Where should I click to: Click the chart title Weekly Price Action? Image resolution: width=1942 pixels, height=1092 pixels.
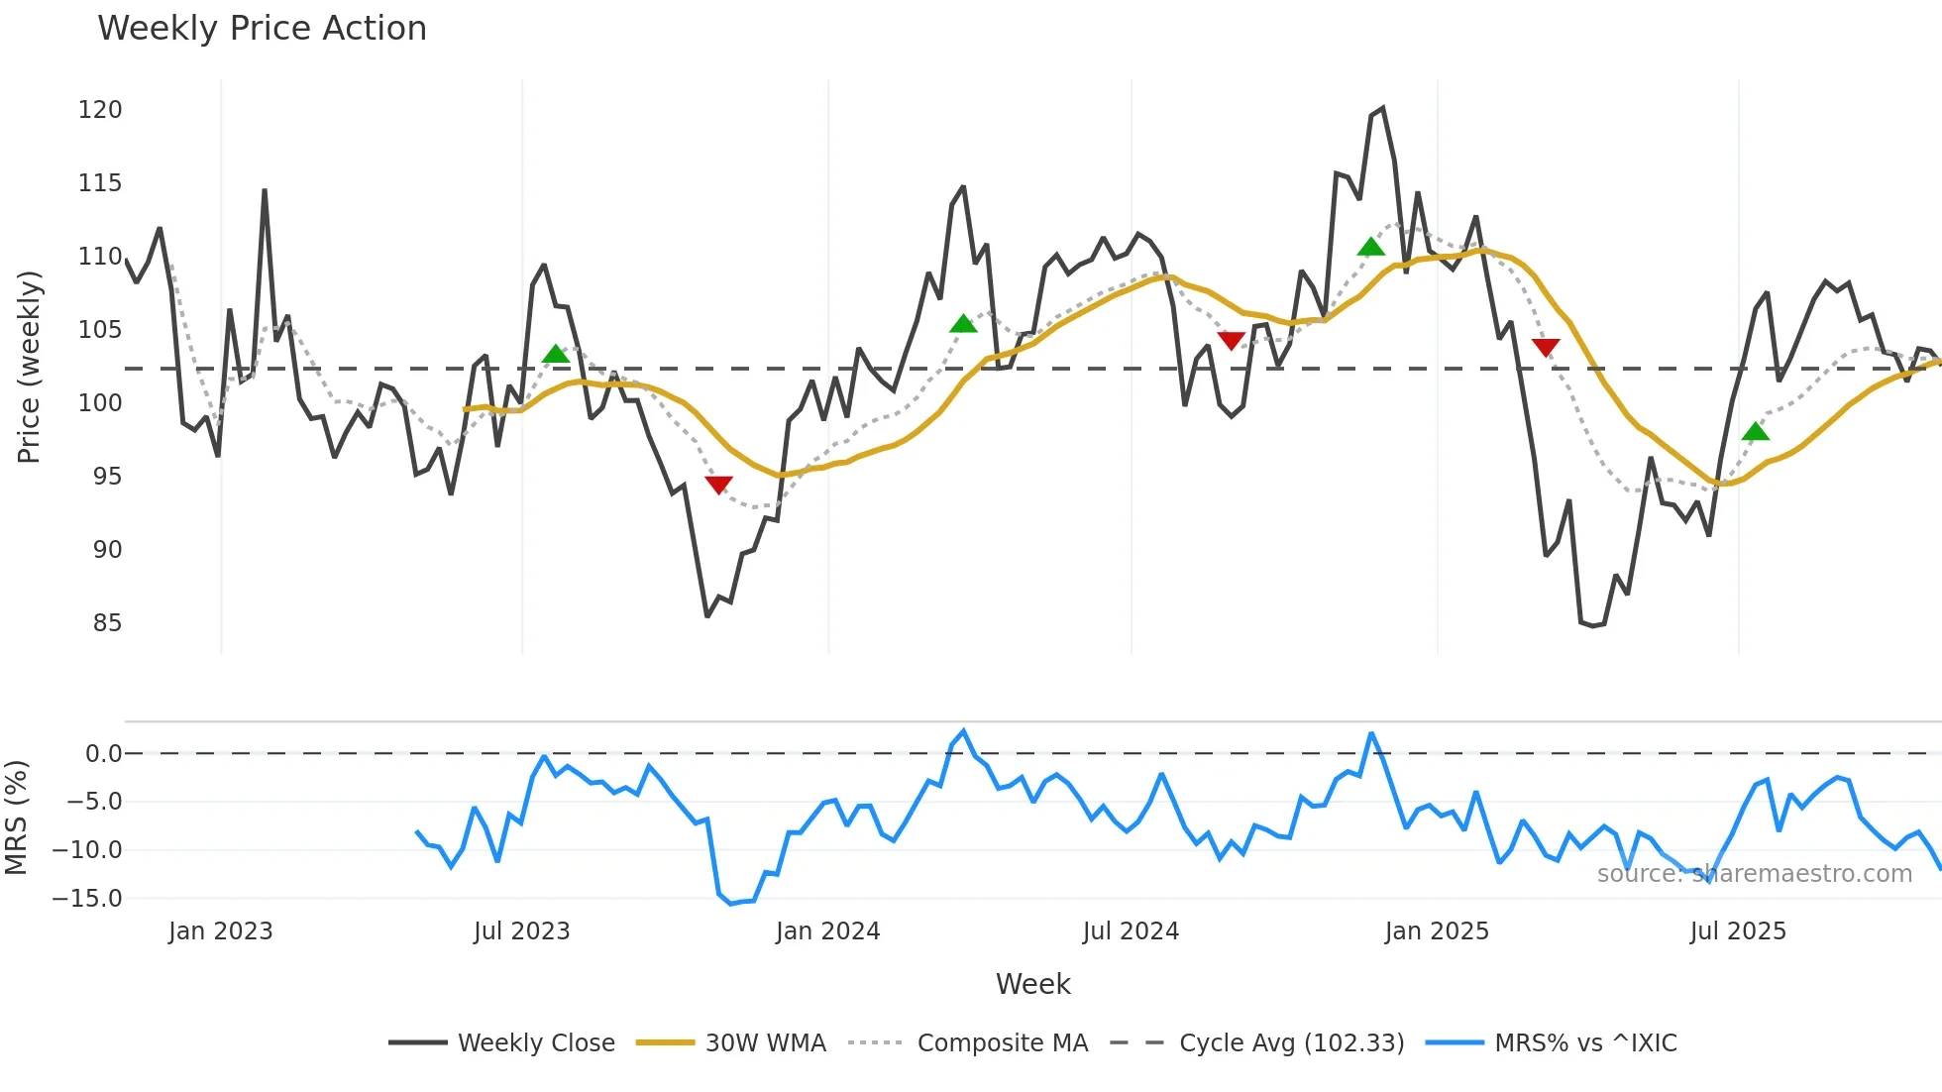[x=262, y=29]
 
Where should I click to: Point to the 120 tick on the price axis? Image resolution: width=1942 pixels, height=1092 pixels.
[x=100, y=110]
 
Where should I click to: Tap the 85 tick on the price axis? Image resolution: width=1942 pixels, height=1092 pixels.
[x=107, y=623]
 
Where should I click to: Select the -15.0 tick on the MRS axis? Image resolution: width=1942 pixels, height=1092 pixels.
[x=88, y=899]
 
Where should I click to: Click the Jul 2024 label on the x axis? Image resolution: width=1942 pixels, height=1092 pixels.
[x=1131, y=931]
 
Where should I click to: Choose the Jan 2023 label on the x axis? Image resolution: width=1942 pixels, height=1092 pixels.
[x=220, y=931]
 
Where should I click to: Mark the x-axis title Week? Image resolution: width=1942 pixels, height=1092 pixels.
[x=1032, y=984]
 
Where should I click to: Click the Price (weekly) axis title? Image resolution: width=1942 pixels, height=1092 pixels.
[x=30, y=367]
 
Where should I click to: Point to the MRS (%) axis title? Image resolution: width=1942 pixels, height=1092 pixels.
[x=16, y=818]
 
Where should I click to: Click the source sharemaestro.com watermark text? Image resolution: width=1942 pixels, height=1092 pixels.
[x=1754, y=874]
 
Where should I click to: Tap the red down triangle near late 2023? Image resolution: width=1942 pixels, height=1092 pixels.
[x=718, y=485]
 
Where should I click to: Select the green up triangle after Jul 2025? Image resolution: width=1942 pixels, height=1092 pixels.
[x=1755, y=431]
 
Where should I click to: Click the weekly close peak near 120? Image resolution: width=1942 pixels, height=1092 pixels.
[x=1382, y=108]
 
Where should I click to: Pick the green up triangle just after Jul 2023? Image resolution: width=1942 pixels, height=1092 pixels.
[x=556, y=354]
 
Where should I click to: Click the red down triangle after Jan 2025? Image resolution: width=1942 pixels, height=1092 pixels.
[x=1546, y=347]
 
